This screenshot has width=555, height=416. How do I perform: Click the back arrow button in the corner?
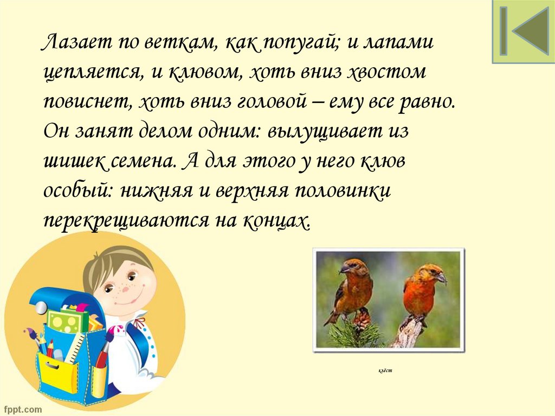523,31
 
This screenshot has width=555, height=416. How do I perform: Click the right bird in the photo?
423,290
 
